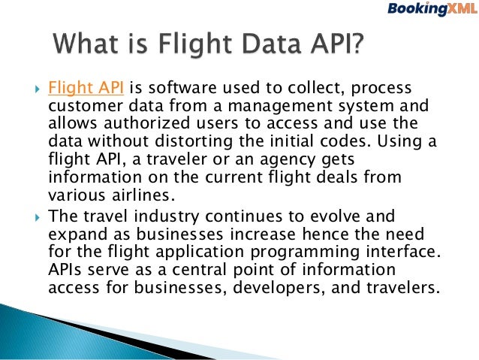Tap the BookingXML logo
(429, 10)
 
